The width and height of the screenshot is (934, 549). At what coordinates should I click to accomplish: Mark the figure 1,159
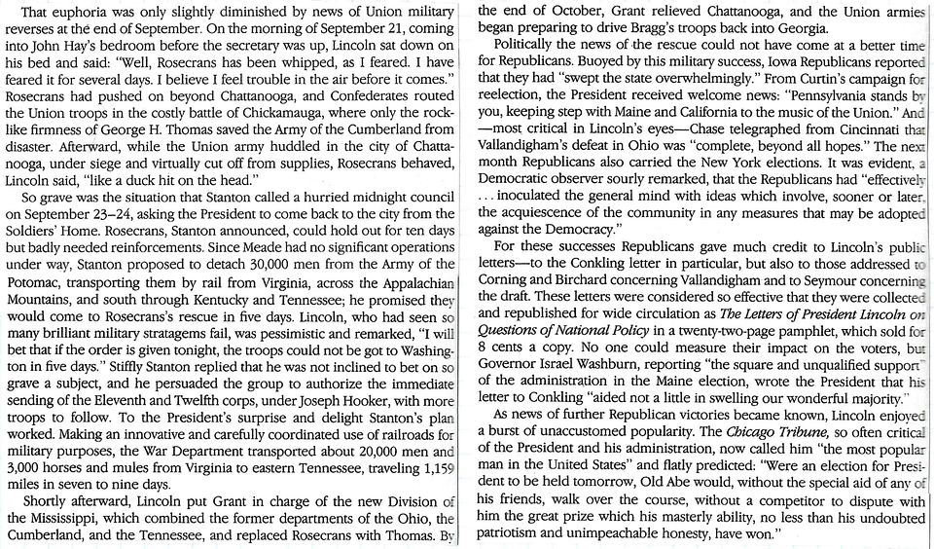435,467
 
